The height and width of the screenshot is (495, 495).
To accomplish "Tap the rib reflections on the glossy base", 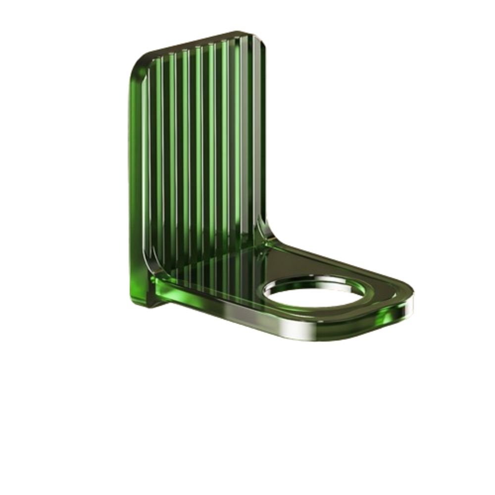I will (208, 270).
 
